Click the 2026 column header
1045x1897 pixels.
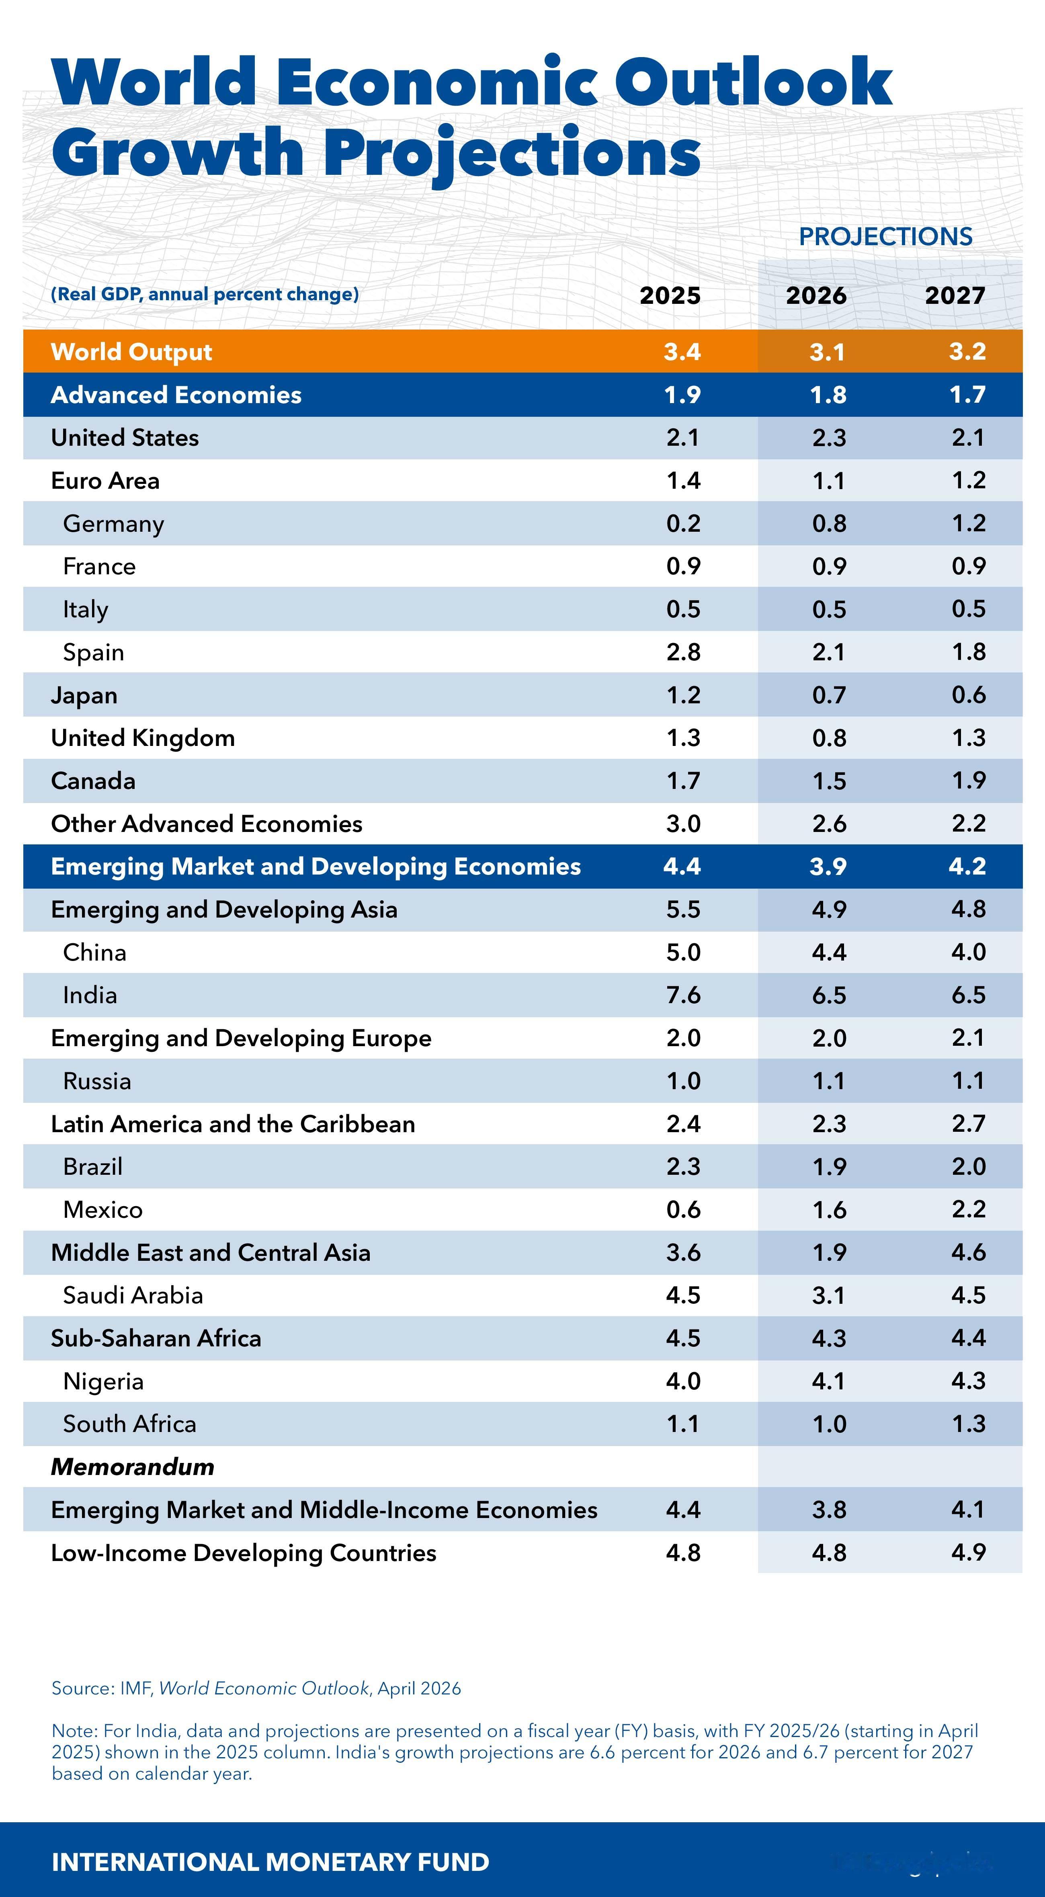[816, 295]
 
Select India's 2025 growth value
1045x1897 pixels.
[683, 995]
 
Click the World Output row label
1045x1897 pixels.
[131, 352]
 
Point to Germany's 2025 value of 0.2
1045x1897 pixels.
[683, 524]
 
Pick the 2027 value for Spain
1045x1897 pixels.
[968, 652]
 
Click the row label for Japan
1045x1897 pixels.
[84, 695]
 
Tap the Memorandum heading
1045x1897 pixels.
[133, 1466]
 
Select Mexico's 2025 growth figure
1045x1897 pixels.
[683, 1209]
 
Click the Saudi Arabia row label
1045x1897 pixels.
[133, 1295]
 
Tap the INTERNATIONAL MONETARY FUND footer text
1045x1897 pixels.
[270, 1862]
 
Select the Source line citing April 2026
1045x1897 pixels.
[256, 1688]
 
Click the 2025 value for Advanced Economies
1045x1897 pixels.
[682, 395]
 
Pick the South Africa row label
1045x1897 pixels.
[129, 1424]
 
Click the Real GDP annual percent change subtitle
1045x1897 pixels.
[205, 295]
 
